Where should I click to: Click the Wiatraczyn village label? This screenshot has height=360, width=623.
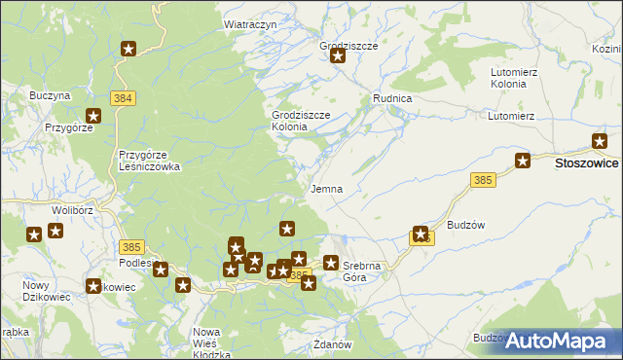[251, 24]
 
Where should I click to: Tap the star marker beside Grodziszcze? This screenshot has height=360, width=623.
[338, 56]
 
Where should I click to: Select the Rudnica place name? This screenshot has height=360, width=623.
[392, 99]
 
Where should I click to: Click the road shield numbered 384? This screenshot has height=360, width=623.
[123, 98]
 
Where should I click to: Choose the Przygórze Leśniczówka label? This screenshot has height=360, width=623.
[149, 161]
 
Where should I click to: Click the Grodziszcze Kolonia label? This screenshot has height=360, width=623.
[301, 121]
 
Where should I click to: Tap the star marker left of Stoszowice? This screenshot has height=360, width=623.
[523, 162]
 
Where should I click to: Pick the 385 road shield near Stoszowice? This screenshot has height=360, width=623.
[482, 180]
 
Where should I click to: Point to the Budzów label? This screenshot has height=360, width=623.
[465, 224]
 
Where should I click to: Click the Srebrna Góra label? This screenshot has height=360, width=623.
[363, 271]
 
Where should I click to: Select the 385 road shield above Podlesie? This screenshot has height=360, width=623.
[132, 248]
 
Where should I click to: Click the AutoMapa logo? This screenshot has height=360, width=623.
[564, 342]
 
